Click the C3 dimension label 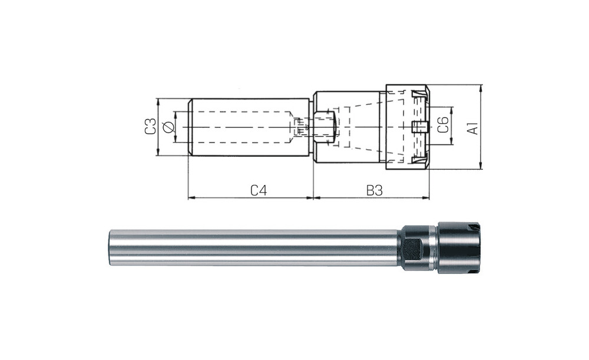151,127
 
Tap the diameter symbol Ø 168,127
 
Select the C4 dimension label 259,190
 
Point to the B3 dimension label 374,190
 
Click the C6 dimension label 444,125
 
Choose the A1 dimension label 474,127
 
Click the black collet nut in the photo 459,247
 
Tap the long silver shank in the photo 256,248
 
